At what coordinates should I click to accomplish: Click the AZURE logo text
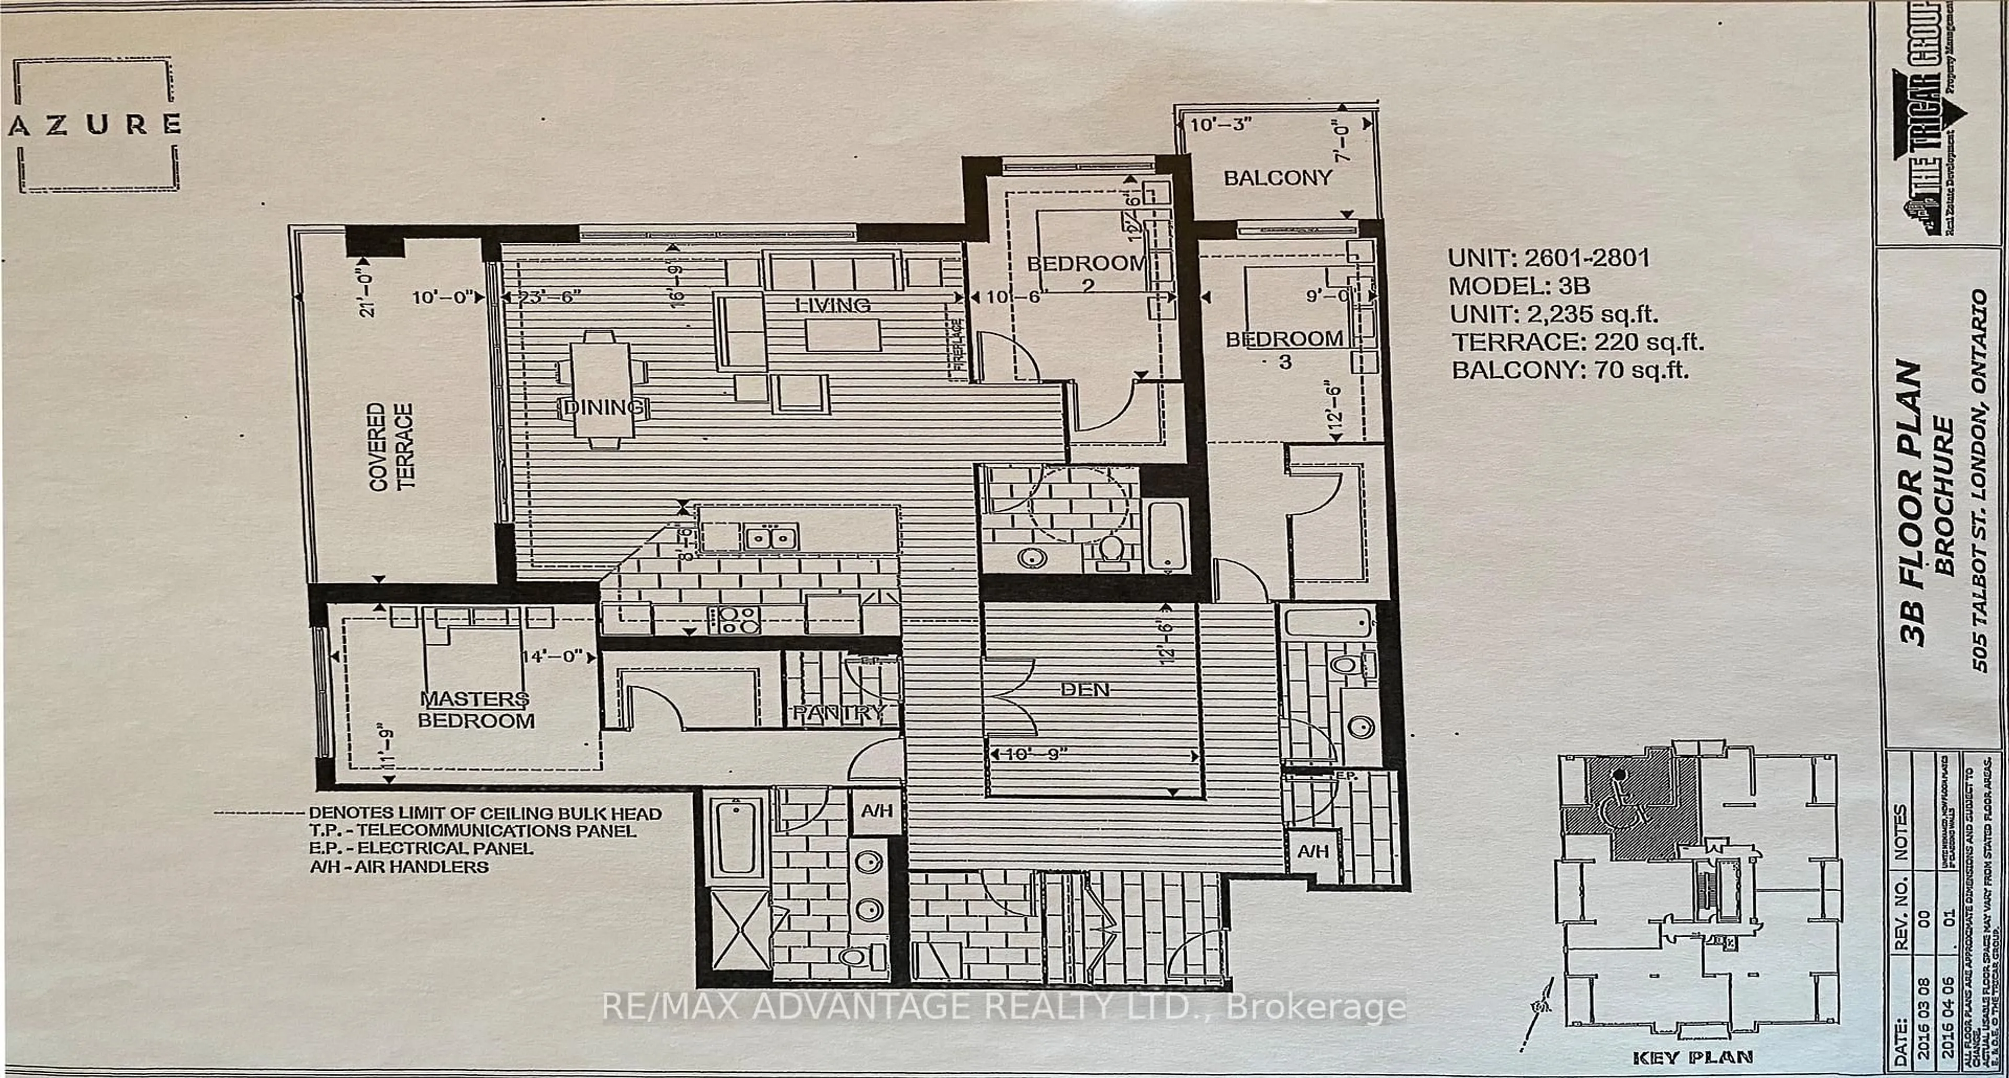95,125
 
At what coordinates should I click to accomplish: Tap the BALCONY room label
1278,178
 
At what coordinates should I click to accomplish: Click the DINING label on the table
603,407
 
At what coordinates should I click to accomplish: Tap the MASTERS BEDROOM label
476,710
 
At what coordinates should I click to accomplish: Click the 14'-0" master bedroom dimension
551,656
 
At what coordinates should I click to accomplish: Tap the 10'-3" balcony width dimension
1221,124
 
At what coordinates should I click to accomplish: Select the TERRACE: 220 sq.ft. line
1577,342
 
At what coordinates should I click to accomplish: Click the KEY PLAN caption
1692,1057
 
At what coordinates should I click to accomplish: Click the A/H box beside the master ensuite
876,811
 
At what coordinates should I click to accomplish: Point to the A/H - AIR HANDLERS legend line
399,867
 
